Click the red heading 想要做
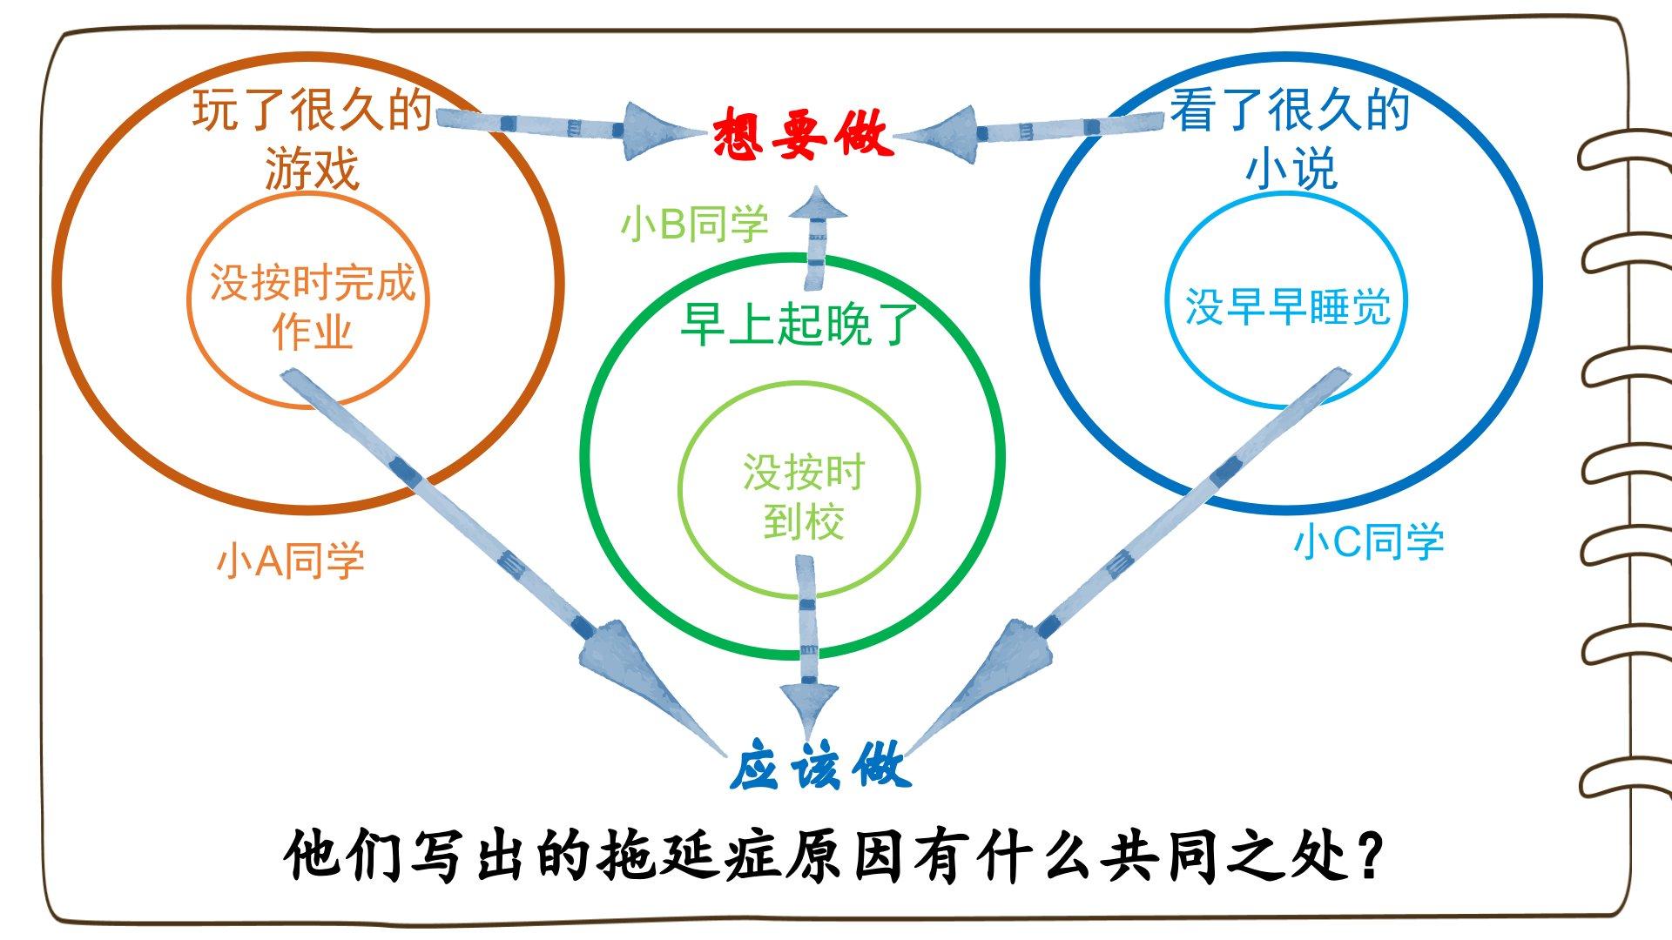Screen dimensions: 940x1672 point(802,135)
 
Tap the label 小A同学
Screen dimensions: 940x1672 point(290,561)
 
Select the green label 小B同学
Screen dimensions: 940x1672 point(694,225)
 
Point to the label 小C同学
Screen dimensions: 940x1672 point(1368,541)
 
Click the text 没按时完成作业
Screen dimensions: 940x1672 point(312,306)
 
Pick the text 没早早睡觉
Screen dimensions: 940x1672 point(1287,307)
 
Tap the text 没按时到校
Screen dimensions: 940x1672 point(803,497)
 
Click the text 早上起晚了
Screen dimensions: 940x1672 point(799,325)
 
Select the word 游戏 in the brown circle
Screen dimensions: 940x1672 point(312,168)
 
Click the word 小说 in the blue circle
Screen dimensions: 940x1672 point(1291,168)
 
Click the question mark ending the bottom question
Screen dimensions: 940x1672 point(1369,856)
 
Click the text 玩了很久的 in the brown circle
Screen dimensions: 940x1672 point(312,111)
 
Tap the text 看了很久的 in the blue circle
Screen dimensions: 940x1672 point(1289,111)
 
